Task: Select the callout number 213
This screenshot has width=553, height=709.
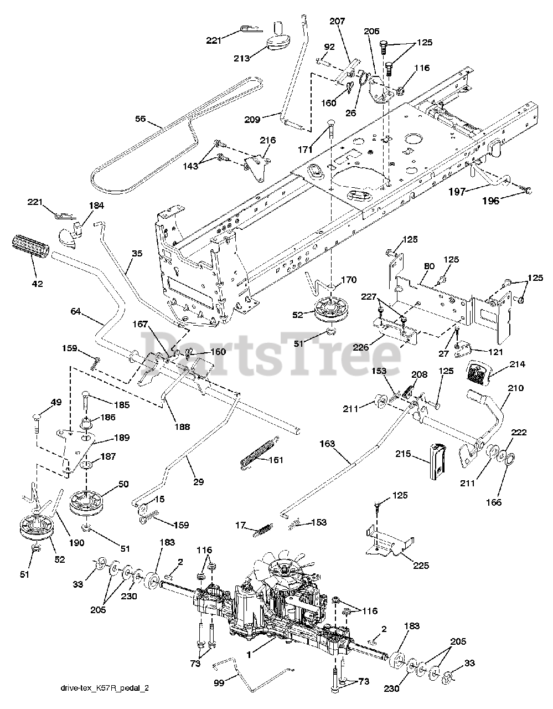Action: pyautogui.click(x=242, y=58)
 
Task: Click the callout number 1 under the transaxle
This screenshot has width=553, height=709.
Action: pyautogui.click(x=250, y=654)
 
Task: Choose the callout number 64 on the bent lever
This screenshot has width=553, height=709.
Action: pyautogui.click(x=76, y=312)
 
